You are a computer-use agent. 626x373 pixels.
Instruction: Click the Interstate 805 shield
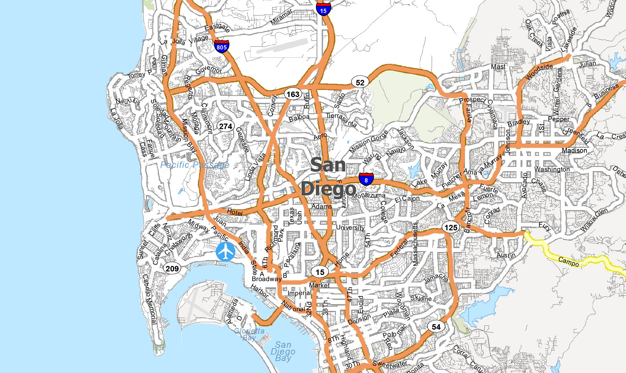(221, 46)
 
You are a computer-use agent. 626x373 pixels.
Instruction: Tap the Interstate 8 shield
(366, 179)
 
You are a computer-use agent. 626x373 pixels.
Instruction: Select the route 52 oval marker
(360, 83)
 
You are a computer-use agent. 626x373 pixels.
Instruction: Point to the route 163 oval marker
(293, 94)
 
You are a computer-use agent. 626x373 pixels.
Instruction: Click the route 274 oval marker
(225, 126)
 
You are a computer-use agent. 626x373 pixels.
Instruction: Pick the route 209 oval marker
(172, 268)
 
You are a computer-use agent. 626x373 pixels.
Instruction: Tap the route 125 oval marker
(451, 227)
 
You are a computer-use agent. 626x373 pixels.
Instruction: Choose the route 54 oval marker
(436, 327)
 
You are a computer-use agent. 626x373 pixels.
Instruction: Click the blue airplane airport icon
(225, 251)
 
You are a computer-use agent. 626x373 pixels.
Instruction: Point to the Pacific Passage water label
(195, 165)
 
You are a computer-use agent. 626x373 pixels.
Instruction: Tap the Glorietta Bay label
(249, 334)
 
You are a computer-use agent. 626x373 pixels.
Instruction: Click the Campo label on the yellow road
(568, 261)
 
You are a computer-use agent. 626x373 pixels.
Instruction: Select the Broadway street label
(266, 279)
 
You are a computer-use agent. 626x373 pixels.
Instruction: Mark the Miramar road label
(281, 17)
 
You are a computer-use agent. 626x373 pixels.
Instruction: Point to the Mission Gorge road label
(368, 141)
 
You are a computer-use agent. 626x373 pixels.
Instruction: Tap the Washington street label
(552, 169)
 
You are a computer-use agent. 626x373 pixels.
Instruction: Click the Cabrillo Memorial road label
(149, 299)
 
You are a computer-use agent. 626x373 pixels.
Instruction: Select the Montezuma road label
(369, 196)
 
